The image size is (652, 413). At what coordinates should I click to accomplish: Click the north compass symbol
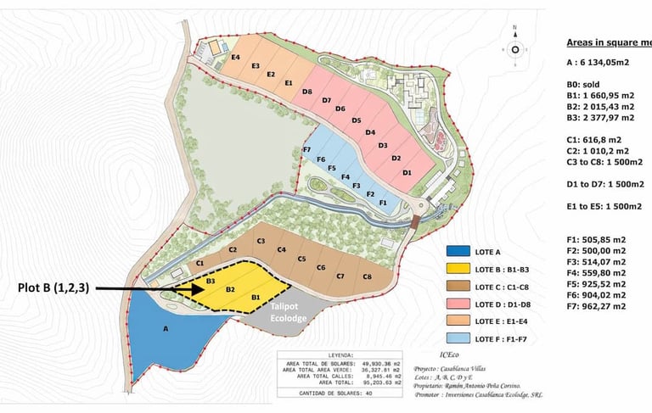[514, 49]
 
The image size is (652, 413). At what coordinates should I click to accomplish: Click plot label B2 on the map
[230, 289]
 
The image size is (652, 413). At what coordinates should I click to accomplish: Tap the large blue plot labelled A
[166, 327]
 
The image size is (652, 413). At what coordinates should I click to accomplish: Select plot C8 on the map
[367, 276]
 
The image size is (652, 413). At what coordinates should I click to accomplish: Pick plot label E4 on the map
[235, 57]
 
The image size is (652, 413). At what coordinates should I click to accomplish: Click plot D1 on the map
[407, 172]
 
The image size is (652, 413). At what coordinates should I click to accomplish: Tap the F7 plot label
[306, 149]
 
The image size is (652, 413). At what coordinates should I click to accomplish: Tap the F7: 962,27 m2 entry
[596, 305]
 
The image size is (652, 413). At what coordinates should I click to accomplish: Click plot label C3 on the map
[261, 242]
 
